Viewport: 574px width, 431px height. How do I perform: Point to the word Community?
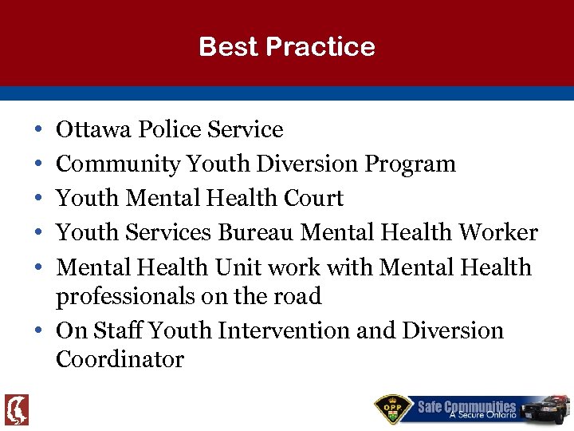118,164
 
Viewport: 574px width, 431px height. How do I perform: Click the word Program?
410,164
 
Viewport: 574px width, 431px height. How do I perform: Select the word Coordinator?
120,360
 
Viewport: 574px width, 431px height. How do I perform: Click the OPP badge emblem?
394,409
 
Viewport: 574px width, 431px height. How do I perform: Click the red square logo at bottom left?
17,409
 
